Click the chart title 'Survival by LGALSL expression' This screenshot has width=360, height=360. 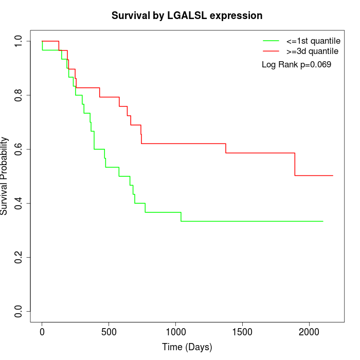point(187,16)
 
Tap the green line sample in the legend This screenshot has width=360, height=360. point(271,41)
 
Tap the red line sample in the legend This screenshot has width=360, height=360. point(271,51)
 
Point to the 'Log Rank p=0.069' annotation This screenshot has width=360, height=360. point(296,65)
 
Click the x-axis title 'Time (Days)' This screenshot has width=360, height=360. point(187,348)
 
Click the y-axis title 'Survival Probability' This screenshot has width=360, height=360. point(5,176)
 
